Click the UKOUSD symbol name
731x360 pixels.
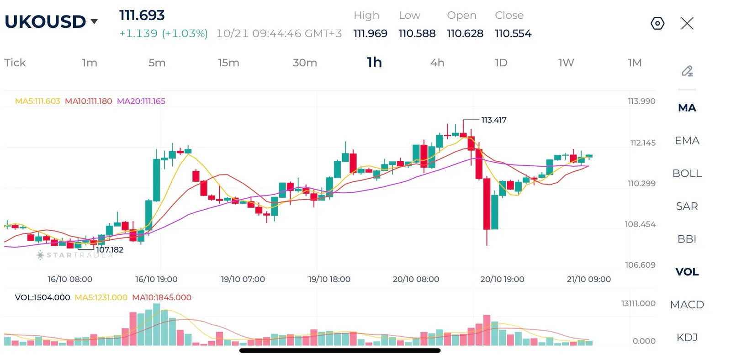point(45,21)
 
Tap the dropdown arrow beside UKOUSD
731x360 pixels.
point(94,21)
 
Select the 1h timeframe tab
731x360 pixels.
point(374,62)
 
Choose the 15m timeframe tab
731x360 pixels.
point(228,63)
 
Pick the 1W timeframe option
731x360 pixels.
point(566,63)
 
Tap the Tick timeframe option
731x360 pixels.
point(15,63)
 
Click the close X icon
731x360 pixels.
point(687,23)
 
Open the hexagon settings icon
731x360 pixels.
point(657,23)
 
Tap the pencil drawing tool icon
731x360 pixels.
point(687,71)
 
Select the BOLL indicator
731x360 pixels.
point(687,173)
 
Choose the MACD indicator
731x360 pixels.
point(687,305)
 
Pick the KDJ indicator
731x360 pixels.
point(687,337)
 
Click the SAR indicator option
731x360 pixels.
point(687,206)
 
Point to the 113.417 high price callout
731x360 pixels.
point(494,120)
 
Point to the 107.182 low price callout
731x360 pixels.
point(110,250)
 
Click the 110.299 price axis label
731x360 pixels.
point(641,184)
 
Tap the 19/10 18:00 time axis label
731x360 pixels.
point(329,279)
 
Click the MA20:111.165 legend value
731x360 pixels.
point(141,101)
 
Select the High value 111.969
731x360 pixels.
point(371,33)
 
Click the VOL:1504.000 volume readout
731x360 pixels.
point(42,297)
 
